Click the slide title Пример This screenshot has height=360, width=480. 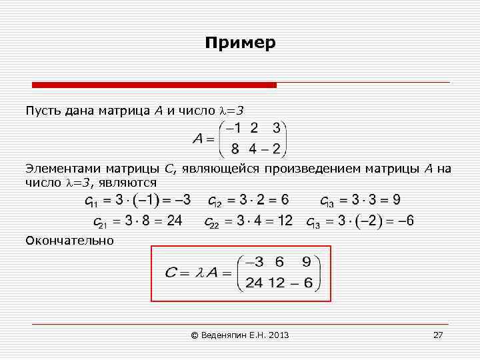click(240, 43)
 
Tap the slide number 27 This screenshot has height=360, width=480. click(438, 335)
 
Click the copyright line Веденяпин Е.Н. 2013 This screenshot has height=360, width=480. click(240, 335)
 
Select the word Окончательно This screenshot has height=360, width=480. click(69, 240)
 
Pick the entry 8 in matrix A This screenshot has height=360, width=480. click(235, 148)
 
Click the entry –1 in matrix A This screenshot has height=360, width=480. click(234, 127)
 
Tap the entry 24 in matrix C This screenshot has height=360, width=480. click(254, 283)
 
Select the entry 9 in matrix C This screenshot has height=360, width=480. click(306, 261)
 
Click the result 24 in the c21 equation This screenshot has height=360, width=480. click(175, 221)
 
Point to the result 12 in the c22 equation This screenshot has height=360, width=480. click(285, 221)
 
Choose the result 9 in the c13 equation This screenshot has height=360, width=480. click(396, 199)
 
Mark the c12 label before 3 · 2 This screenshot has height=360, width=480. click(215, 201)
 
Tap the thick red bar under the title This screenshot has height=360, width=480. click(154, 85)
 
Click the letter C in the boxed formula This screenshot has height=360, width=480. click(171, 272)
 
